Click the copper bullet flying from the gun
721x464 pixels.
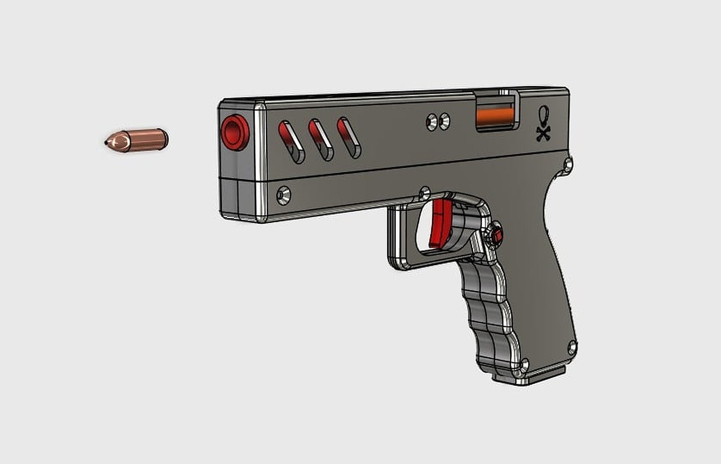coord(137,140)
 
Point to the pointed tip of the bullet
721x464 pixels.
coord(106,142)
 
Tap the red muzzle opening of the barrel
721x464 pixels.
coord(234,132)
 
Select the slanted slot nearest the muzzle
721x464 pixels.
coord(291,142)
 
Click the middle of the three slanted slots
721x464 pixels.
coord(320,140)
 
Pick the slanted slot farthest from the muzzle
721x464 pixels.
coord(349,138)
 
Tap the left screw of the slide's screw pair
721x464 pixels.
coord(432,122)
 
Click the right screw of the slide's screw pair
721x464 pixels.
coord(444,120)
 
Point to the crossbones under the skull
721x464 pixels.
coord(543,133)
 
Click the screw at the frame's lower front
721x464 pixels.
coord(283,195)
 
